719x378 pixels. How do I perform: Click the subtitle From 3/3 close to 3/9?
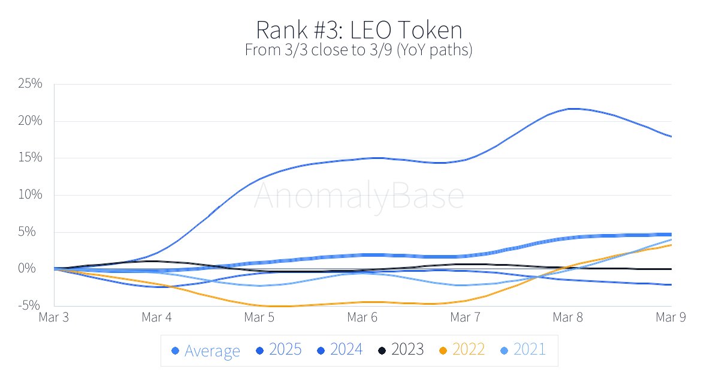click(359, 50)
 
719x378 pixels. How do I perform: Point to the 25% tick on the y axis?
click(30, 83)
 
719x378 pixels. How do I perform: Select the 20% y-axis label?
click(30, 121)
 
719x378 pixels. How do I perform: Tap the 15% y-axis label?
click(30, 158)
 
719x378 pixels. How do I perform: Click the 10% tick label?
click(30, 195)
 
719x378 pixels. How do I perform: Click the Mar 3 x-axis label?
click(53, 317)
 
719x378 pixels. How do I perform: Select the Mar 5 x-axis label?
click(259, 317)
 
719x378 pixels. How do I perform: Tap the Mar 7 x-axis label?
click(466, 317)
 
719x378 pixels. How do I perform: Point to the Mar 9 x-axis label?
click(671, 317)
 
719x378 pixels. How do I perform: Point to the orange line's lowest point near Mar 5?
click(279, 306)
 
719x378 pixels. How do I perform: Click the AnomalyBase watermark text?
click(359, 196)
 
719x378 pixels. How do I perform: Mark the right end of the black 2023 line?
click(670, 269)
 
